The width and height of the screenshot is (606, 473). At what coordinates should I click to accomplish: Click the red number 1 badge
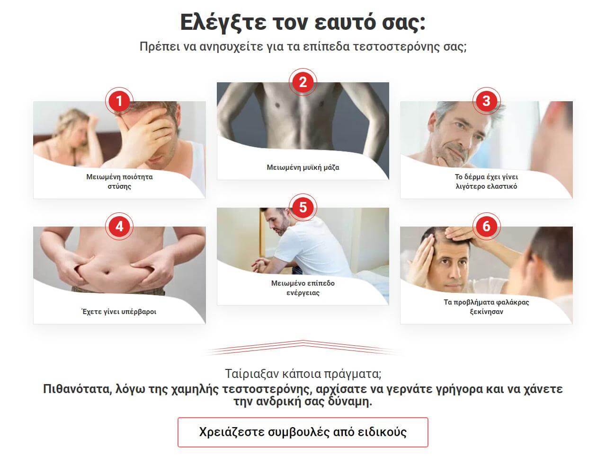119,101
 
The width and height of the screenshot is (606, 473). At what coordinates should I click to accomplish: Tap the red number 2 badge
303,82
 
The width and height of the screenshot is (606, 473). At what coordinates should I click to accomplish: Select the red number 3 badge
486,101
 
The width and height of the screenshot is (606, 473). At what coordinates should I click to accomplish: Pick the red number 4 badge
119,227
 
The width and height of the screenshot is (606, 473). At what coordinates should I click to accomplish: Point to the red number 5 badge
303,207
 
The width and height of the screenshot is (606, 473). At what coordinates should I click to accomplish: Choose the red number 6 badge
486,227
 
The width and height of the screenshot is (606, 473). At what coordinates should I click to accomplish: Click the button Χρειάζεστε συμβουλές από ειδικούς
303,432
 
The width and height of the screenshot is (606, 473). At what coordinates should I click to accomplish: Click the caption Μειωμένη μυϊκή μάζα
303,167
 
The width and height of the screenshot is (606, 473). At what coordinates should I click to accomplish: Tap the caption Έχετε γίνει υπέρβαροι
119,312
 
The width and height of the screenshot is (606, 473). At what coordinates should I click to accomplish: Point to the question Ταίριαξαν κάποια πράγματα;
303,374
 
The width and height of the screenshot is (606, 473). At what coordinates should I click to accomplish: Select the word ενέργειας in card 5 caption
303,293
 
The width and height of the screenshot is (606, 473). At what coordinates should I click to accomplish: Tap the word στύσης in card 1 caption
119,186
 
